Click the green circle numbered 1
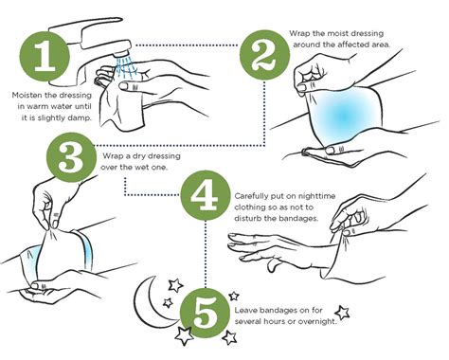(45, 55)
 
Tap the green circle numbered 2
(264, 55)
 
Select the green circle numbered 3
(71, 157)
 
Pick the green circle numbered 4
(206, 195)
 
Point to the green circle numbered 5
(206, 313)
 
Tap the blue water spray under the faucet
(127, 67)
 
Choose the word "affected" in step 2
(350, 45)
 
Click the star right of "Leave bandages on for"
(342, 313)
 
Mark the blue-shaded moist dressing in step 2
(344, 117)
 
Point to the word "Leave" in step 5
(244, 311)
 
